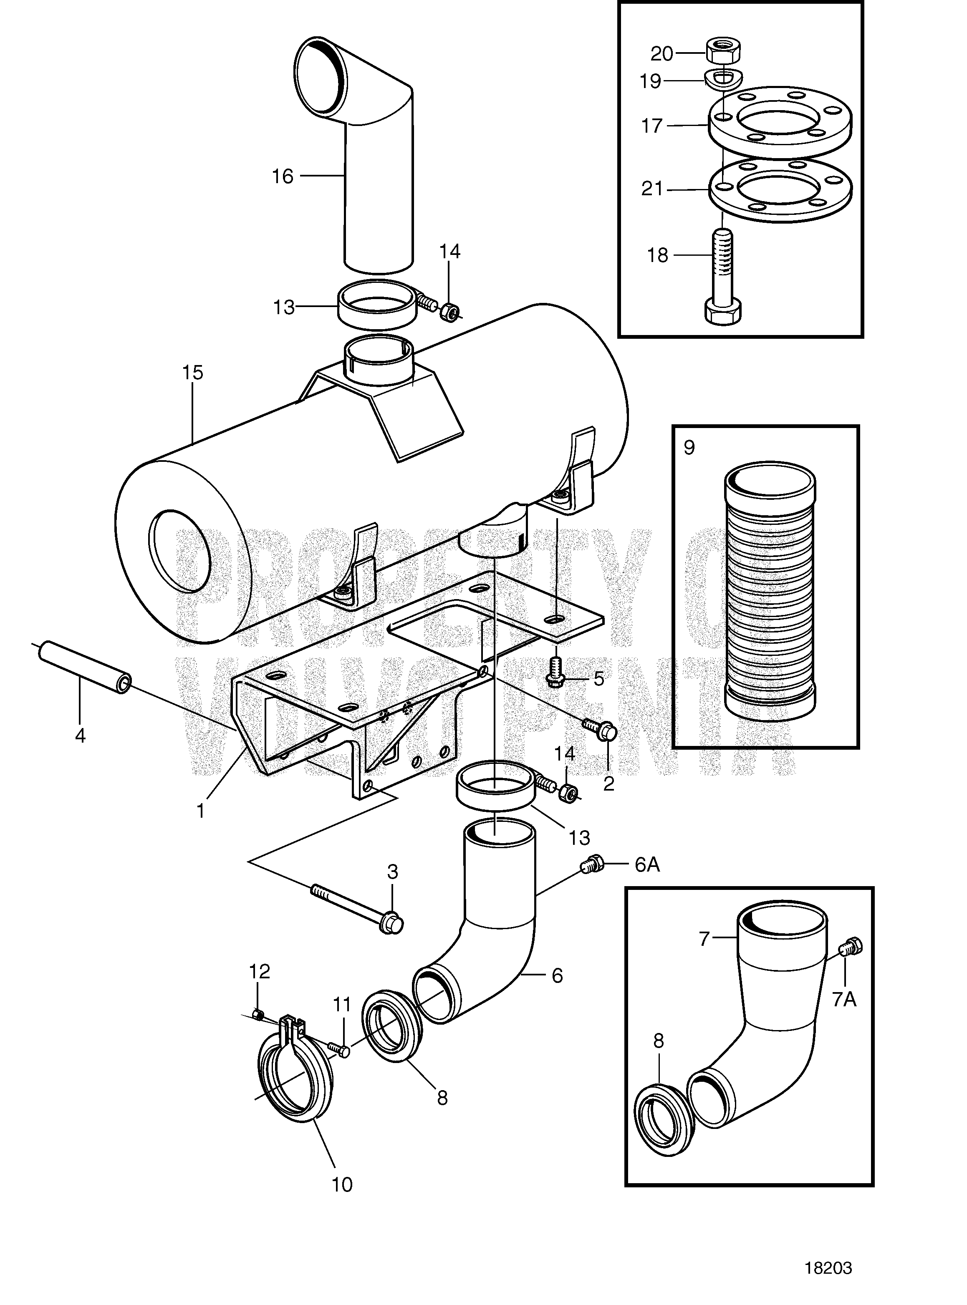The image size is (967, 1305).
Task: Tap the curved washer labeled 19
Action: [724, 78]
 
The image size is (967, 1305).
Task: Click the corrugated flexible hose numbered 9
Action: [769, 586]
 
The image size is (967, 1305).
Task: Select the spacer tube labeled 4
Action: [84, 667]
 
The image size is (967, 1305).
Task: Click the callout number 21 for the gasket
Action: [652, 189]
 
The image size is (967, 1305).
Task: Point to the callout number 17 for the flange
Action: [651, 126]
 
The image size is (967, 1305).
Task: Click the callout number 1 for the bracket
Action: [201, 811]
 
